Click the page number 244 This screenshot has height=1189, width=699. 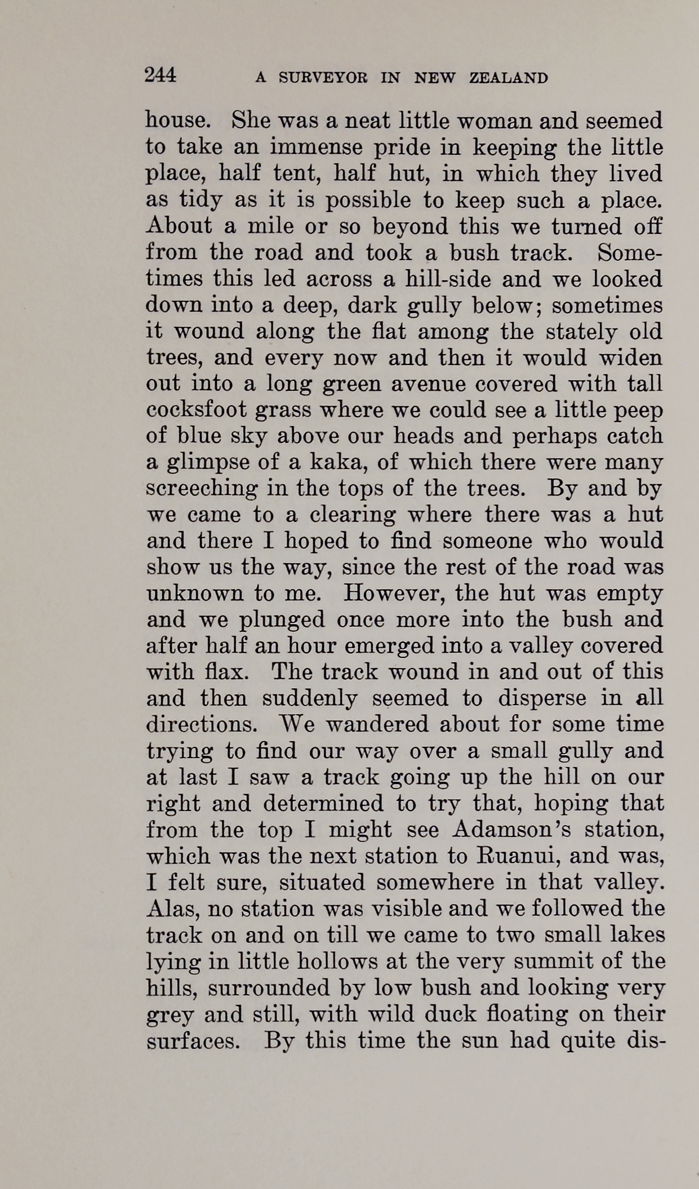[x=161, y=75]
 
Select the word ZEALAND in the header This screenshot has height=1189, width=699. [x=509, y=78]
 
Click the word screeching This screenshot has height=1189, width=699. [x=202, y=488]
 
